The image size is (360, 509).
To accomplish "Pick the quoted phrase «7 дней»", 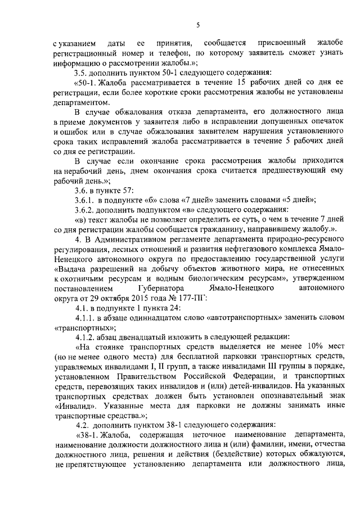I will tap(183, 200).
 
